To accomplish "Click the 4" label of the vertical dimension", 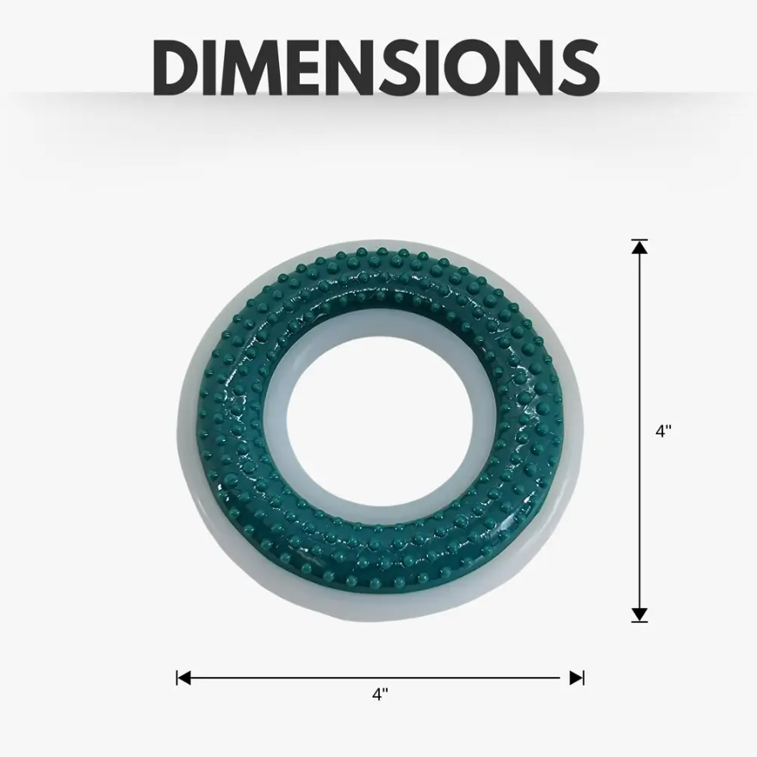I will coord(663,431).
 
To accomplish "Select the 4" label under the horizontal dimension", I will coord(380,694).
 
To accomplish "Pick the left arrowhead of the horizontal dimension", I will coord(184,678).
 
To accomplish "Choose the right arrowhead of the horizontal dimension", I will coord(575,678).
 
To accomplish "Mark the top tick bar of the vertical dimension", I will coord(639,240).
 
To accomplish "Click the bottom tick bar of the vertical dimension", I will coord(639,620).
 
